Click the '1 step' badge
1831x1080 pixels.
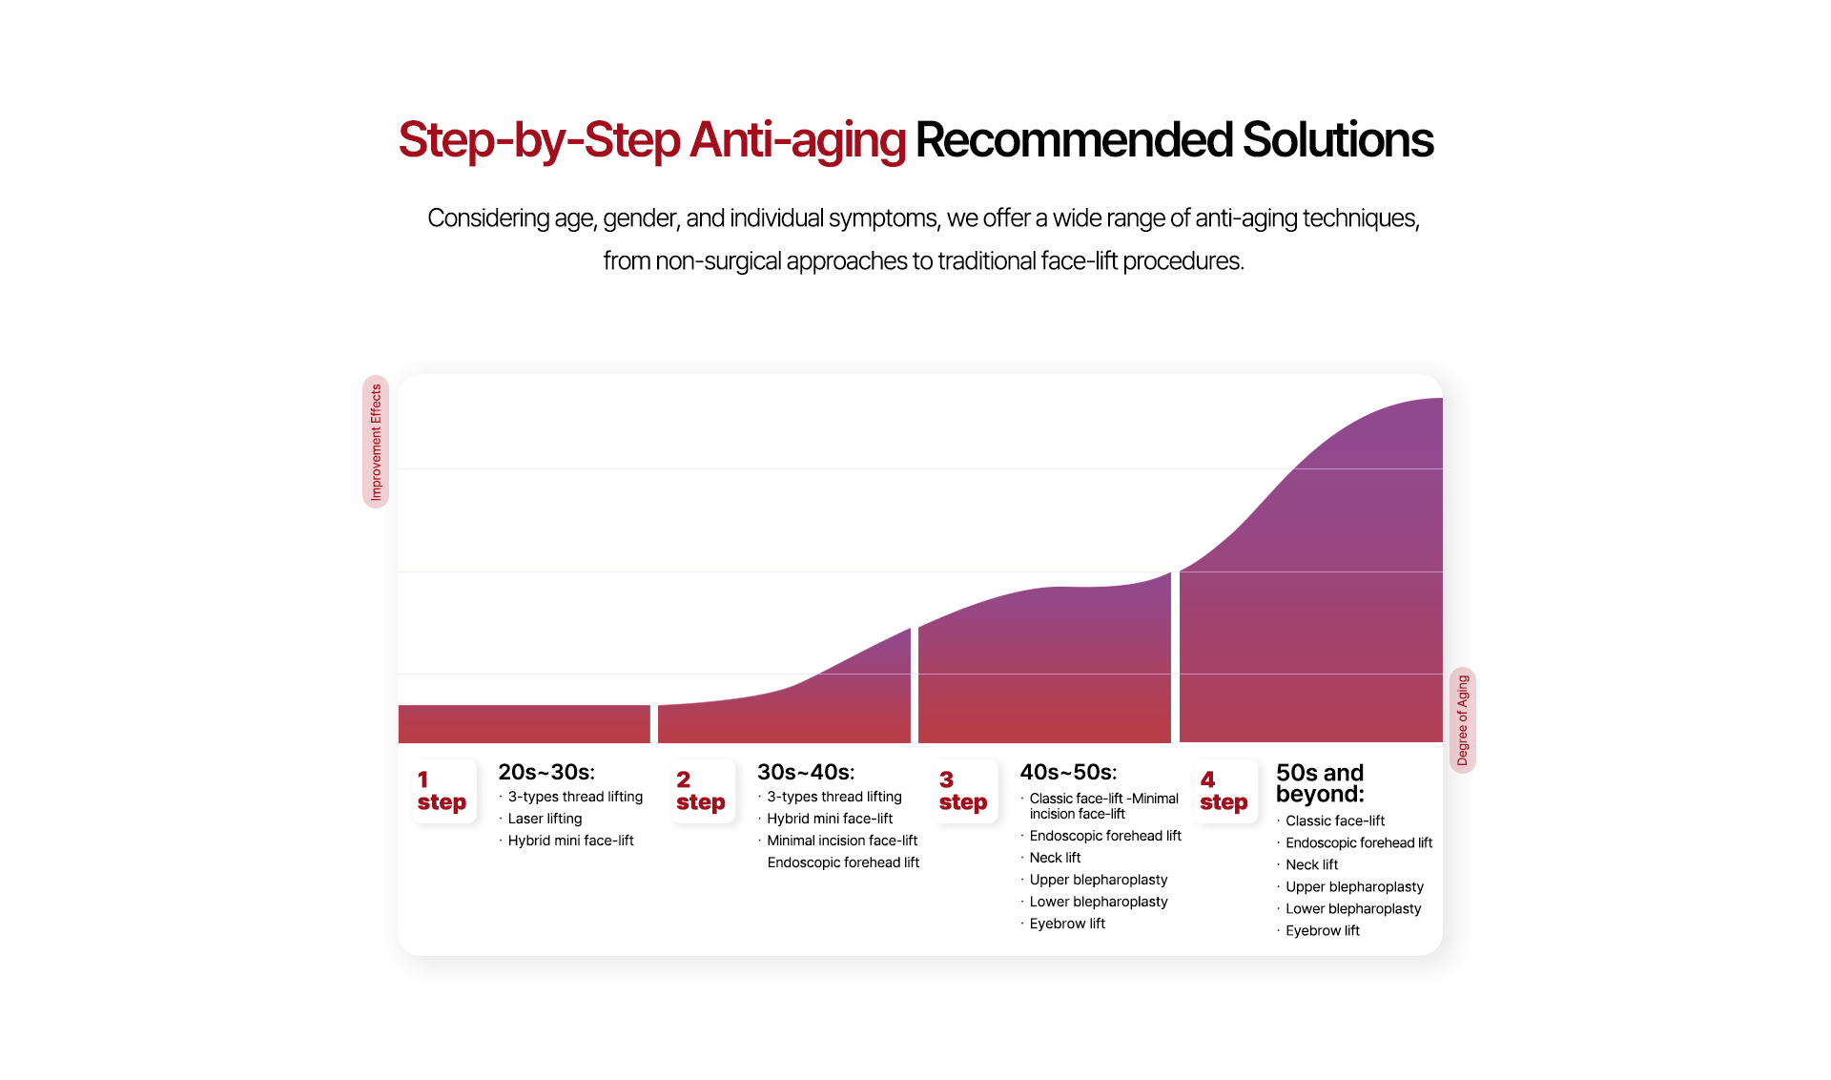click(443, 791)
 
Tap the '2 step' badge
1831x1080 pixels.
click(702, 791)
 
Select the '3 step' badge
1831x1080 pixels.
click(965, 791)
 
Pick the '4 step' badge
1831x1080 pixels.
click(1225, 791)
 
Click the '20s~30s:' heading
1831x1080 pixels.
click(546, 772)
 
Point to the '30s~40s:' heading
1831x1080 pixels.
click(806, 772)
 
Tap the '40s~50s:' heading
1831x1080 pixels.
click(1068, 772)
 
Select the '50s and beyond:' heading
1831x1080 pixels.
click(1321, 783)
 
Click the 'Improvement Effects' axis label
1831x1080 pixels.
click(376, 442)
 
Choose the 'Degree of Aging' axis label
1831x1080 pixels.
click(1463, 720)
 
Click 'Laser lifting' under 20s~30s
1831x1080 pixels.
click(545, 819)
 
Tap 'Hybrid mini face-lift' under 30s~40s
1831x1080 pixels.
click(830, 819)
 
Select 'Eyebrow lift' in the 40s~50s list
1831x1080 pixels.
click(1067, 924)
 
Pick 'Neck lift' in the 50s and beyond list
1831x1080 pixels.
click(1311, 864)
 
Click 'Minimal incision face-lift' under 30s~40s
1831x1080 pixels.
click(842, 841)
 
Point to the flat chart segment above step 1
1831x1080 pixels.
click(525, 724)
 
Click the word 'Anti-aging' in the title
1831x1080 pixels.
click(797, 140)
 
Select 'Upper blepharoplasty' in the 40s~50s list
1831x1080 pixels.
click(1099, 880)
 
